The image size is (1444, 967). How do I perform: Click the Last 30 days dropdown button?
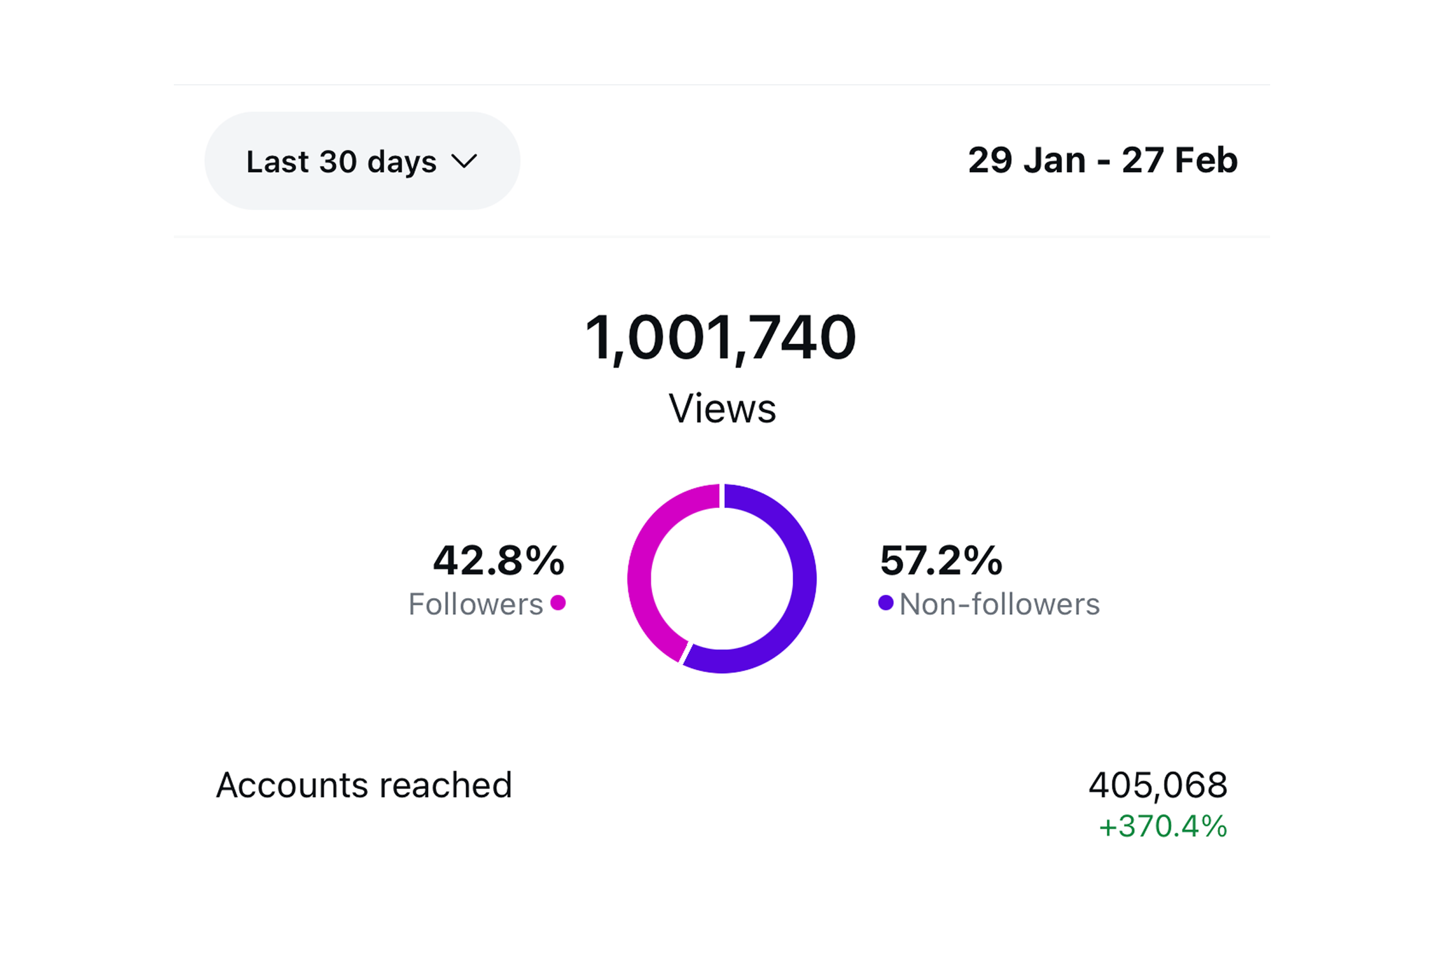point(362,161)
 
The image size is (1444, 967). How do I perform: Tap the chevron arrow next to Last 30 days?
point(464,162)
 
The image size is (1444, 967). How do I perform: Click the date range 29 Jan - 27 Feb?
point(1102,160)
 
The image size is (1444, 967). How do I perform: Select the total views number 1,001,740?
point(720,337)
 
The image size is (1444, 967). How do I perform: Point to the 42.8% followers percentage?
point(498,561)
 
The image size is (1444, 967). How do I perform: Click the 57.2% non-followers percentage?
point(941,561)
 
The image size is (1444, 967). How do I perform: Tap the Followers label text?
point(475,604)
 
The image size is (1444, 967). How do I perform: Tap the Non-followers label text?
point(999,604)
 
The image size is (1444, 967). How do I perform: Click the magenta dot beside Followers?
point(558,603)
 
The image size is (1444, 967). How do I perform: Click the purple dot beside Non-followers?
point(886,603)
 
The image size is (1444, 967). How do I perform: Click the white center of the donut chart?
point(721,578)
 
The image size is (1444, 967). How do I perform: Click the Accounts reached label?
point(364,786)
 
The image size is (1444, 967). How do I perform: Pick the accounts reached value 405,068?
point(1158,786)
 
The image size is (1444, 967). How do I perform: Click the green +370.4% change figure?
point(1163,826)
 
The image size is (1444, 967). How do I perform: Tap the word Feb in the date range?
point(1206,160)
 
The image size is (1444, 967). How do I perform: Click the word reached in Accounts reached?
point(445,786)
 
